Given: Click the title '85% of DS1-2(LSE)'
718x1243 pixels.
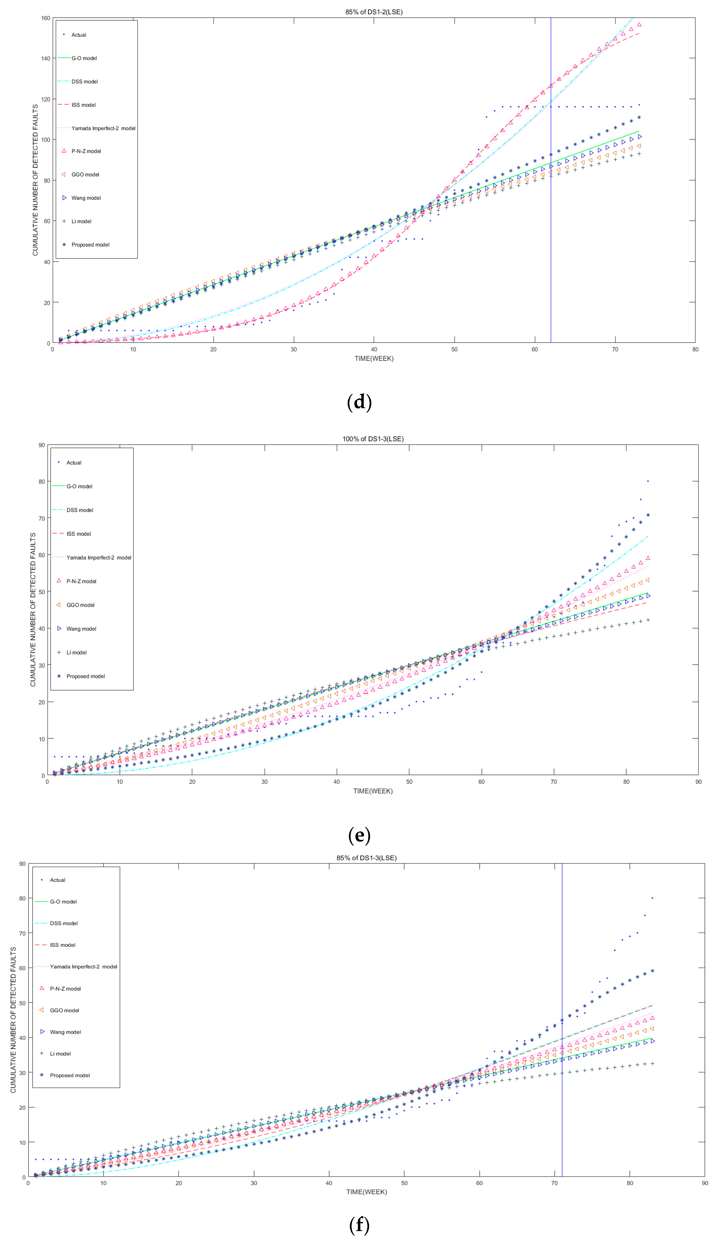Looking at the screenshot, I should click(374, 12).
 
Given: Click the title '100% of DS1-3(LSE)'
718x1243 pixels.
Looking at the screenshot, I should click(373, 439).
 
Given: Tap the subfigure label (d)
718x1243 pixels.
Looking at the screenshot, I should click(359, 402).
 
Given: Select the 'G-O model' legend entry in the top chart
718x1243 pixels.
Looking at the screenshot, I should click(84, 58).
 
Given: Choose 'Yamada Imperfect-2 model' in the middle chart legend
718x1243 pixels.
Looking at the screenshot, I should click(99, 558).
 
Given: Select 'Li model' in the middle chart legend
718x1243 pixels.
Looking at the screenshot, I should click(77, 652).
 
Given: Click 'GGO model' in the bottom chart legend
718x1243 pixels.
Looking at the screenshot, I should click(64, 1010).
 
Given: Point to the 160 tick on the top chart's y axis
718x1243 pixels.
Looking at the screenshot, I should click(45, 18).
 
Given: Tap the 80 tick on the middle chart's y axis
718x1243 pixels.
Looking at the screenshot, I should click(42, 482).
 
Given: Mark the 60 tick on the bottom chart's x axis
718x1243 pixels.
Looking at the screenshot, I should click(479, 1183).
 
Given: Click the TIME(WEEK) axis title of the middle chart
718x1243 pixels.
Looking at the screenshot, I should click(373, 791).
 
